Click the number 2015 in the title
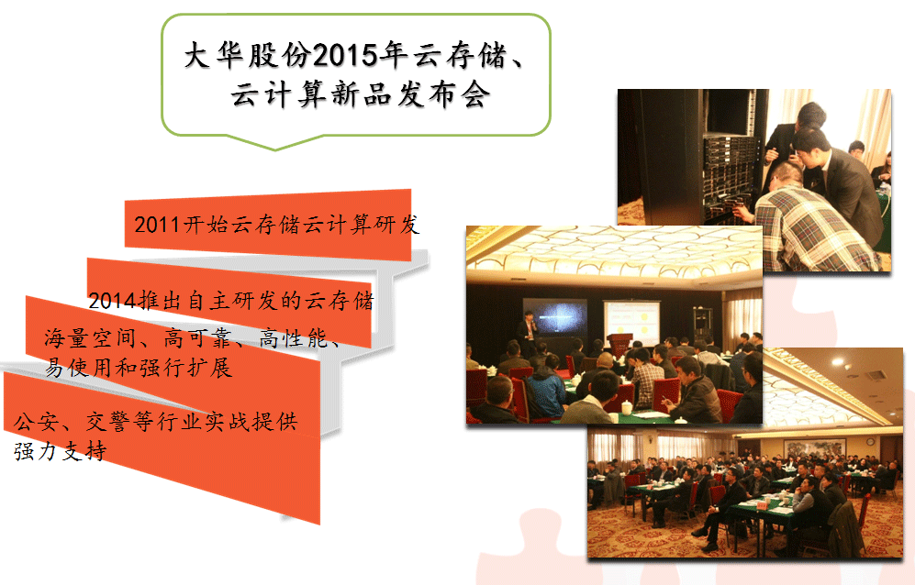pyautogui.click(x=345, y=56)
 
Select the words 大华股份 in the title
pyautogui.click(x=248, y=56)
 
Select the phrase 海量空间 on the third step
pyautogui.click(x=90, y=338)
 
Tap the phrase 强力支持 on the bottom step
pyautogui.click(x=61, y=451)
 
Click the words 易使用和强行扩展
pyautogui.click(x=139, y=368)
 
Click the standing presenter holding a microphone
pyautogui.click(x=529, y=333)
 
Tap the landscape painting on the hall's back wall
pyautogui.click(x=814, y=447)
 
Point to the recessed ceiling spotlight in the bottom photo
pyautogui.click(x=838, y=362)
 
